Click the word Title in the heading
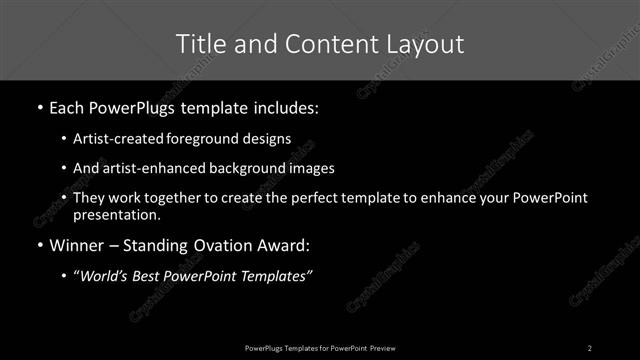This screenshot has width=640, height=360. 198,44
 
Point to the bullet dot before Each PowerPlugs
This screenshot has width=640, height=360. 38,107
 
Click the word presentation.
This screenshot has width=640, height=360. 116,214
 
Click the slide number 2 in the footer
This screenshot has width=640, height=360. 590,348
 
